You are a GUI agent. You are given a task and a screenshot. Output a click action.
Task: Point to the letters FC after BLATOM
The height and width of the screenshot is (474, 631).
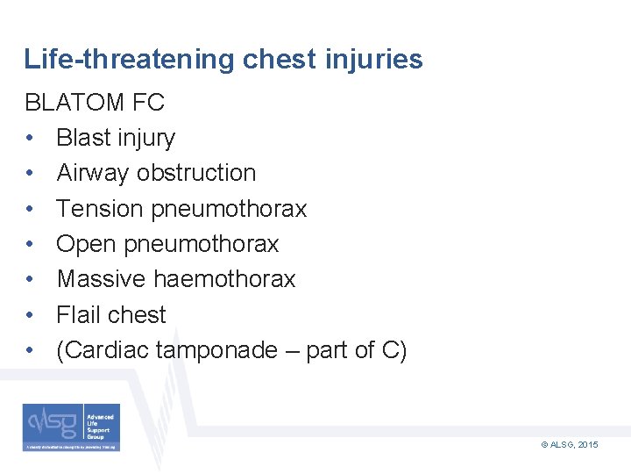[148, 103]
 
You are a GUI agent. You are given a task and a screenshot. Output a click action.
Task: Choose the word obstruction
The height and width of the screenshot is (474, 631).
[202, 173]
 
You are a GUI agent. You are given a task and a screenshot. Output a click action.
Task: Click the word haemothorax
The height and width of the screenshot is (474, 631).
[224, 279]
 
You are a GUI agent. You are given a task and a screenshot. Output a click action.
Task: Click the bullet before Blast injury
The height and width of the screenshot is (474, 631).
[30, 139]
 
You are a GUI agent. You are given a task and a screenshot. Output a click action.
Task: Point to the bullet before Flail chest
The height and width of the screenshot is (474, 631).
[30, 315]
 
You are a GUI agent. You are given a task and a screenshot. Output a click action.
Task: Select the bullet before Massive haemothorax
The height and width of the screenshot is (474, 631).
[30, 280]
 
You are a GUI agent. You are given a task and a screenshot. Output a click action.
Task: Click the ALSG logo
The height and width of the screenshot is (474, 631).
[72, 427]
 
